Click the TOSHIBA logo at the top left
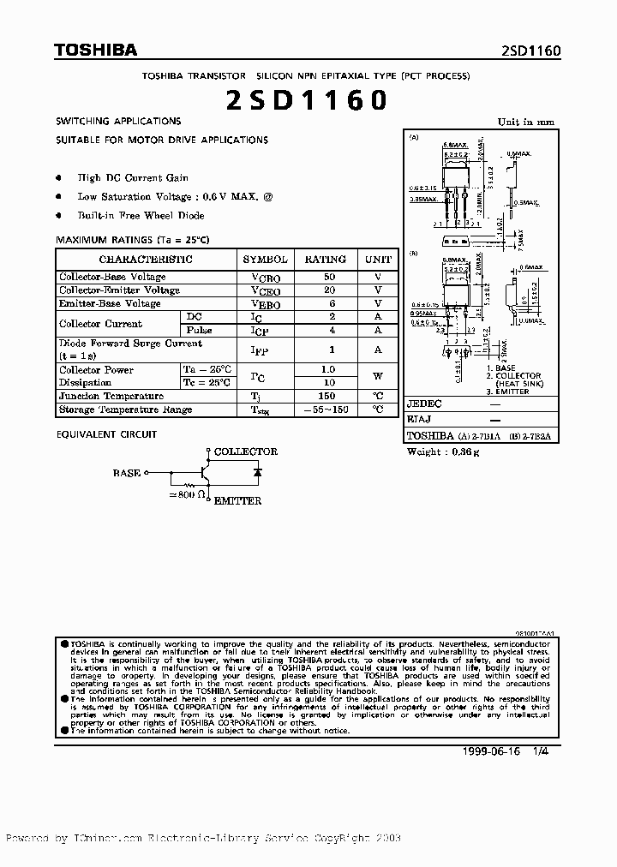click(x=95, y=51)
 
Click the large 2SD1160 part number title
click(x=308, y=101)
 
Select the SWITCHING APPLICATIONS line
click(x=118, y=122)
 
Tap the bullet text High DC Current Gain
click(x=133, y=178)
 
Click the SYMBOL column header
click(x=265, y=259)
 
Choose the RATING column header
click(x=326, y=259)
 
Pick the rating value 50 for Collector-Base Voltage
click(x=326, y=278)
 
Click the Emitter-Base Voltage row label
click(x=110, y=303)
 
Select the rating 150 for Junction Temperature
click(x=326, y=396)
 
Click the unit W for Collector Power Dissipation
click(x=377, y=375)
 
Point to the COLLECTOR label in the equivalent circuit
click(x=245, y=451)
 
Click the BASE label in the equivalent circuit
click(x=127, y=472)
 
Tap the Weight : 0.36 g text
click(x=443, y=451)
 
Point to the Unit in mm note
click(x=526, y=122)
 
